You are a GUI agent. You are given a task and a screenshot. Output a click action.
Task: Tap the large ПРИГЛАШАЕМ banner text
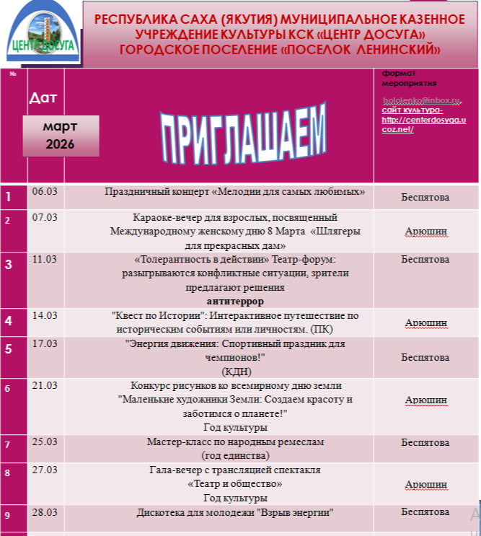tap(243, 134)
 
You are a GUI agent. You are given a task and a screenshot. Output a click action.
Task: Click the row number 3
tap(9, 265)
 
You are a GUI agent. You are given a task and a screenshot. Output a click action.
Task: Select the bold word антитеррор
tap(235, 301)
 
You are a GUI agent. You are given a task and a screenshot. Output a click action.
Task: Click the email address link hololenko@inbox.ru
tap(421, 100)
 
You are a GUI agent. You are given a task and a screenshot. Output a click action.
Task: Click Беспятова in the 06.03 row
tap(425, 197)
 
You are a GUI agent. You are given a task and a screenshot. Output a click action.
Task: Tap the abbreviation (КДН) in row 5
tap(235, 372)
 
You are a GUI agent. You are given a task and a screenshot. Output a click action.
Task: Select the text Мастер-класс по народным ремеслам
tap(235, 441)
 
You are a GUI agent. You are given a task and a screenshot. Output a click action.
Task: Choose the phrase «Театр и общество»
tap(235, 484)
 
